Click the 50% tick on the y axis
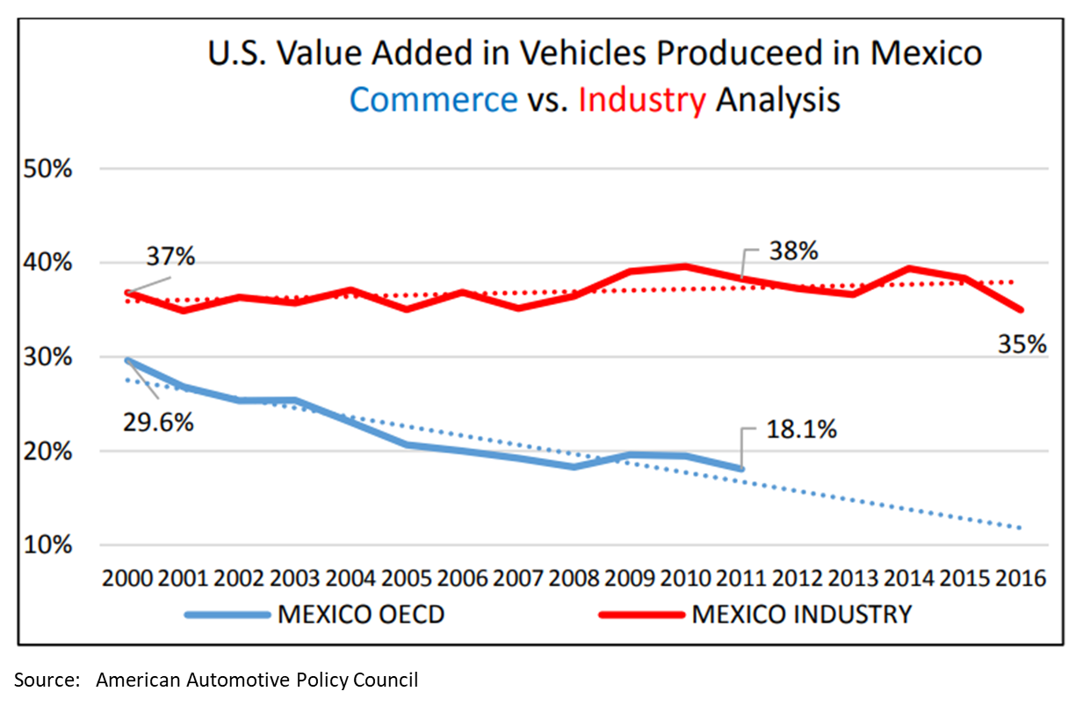[x=50, y=169]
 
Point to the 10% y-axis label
[x=50, y=545]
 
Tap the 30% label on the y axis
[x=50, y=357]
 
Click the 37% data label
[x=170, y=258]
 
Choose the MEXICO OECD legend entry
[x=360, y=614]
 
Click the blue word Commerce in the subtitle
[x=433, y=99]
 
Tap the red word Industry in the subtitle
[x=642, y=99]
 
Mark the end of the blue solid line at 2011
[x=741, y=469]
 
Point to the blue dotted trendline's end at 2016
[x=1021, y=528]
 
